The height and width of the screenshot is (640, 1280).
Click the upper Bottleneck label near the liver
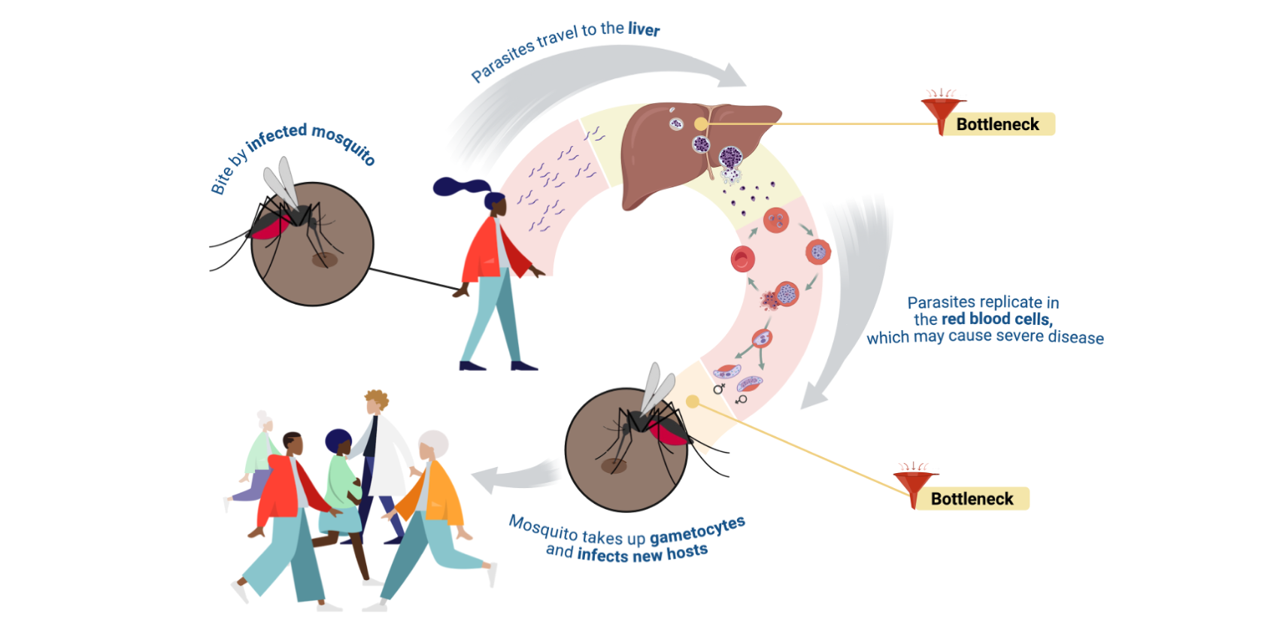click(997, 124)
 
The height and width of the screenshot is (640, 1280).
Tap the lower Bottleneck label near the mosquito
click(972, 499)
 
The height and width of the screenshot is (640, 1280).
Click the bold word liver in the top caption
click(644, 29)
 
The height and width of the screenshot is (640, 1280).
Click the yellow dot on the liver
click(701, 124)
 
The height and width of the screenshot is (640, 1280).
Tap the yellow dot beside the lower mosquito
click(693, 402)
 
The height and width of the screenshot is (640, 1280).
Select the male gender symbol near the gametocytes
click(719, 388)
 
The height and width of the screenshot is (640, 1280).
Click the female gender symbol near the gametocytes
click(742, 399)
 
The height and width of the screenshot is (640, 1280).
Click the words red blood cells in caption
click(996, 319)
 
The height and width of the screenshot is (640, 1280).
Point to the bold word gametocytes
click(697, 530)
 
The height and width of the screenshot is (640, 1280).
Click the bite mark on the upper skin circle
click(324, 260)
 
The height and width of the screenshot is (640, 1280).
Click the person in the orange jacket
click(436, 496)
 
